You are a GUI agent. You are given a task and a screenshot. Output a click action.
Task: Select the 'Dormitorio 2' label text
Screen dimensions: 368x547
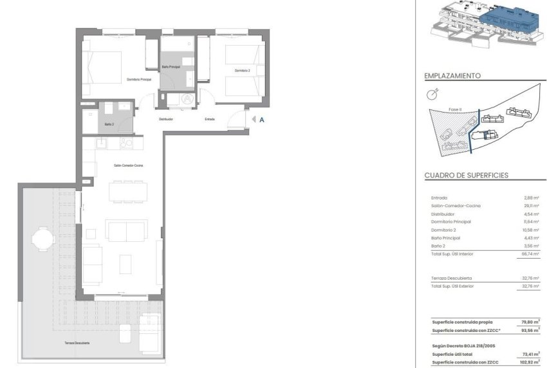(x=242, y=70)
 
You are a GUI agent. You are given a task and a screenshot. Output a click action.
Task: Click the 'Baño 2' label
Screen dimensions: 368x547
(x=109, y=124)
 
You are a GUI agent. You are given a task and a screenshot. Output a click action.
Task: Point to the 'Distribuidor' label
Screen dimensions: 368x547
(x=167, y=119)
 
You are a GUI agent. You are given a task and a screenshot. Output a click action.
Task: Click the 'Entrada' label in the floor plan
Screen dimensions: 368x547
(x=210, y=119)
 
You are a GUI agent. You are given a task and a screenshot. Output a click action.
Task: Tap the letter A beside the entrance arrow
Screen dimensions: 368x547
(x=262, y=118)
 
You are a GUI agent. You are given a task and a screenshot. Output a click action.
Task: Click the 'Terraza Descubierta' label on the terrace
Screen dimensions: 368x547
(x=77, y=343)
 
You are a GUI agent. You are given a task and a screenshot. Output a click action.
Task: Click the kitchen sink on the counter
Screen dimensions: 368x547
(x=103, y=143)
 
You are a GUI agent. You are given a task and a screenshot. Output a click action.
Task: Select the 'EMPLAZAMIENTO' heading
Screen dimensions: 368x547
(x=452, y=75)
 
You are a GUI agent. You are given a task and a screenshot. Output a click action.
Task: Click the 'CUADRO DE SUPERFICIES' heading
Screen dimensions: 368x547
(x=467, y=175)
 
